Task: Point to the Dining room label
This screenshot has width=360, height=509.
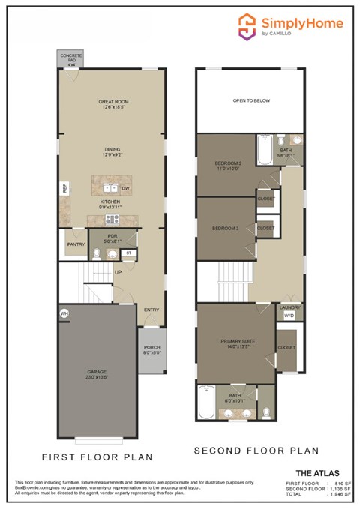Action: coord(112,152)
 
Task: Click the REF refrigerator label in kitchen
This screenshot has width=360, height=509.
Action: coord(64,190)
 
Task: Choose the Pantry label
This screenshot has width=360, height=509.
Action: coord(75,244)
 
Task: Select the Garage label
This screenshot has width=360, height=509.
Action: coord(96,373)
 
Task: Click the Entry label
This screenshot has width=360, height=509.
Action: coord(151,310)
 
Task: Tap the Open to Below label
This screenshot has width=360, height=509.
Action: coord(250,100)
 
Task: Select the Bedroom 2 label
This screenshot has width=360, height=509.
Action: coord(226,165)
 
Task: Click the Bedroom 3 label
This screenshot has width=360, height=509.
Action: coord(224,228)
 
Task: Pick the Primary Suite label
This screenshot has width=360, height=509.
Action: coord(238,344)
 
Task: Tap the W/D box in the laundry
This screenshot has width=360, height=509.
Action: coord(289,316)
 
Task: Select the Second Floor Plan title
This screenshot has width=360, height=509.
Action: coord(256,451)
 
